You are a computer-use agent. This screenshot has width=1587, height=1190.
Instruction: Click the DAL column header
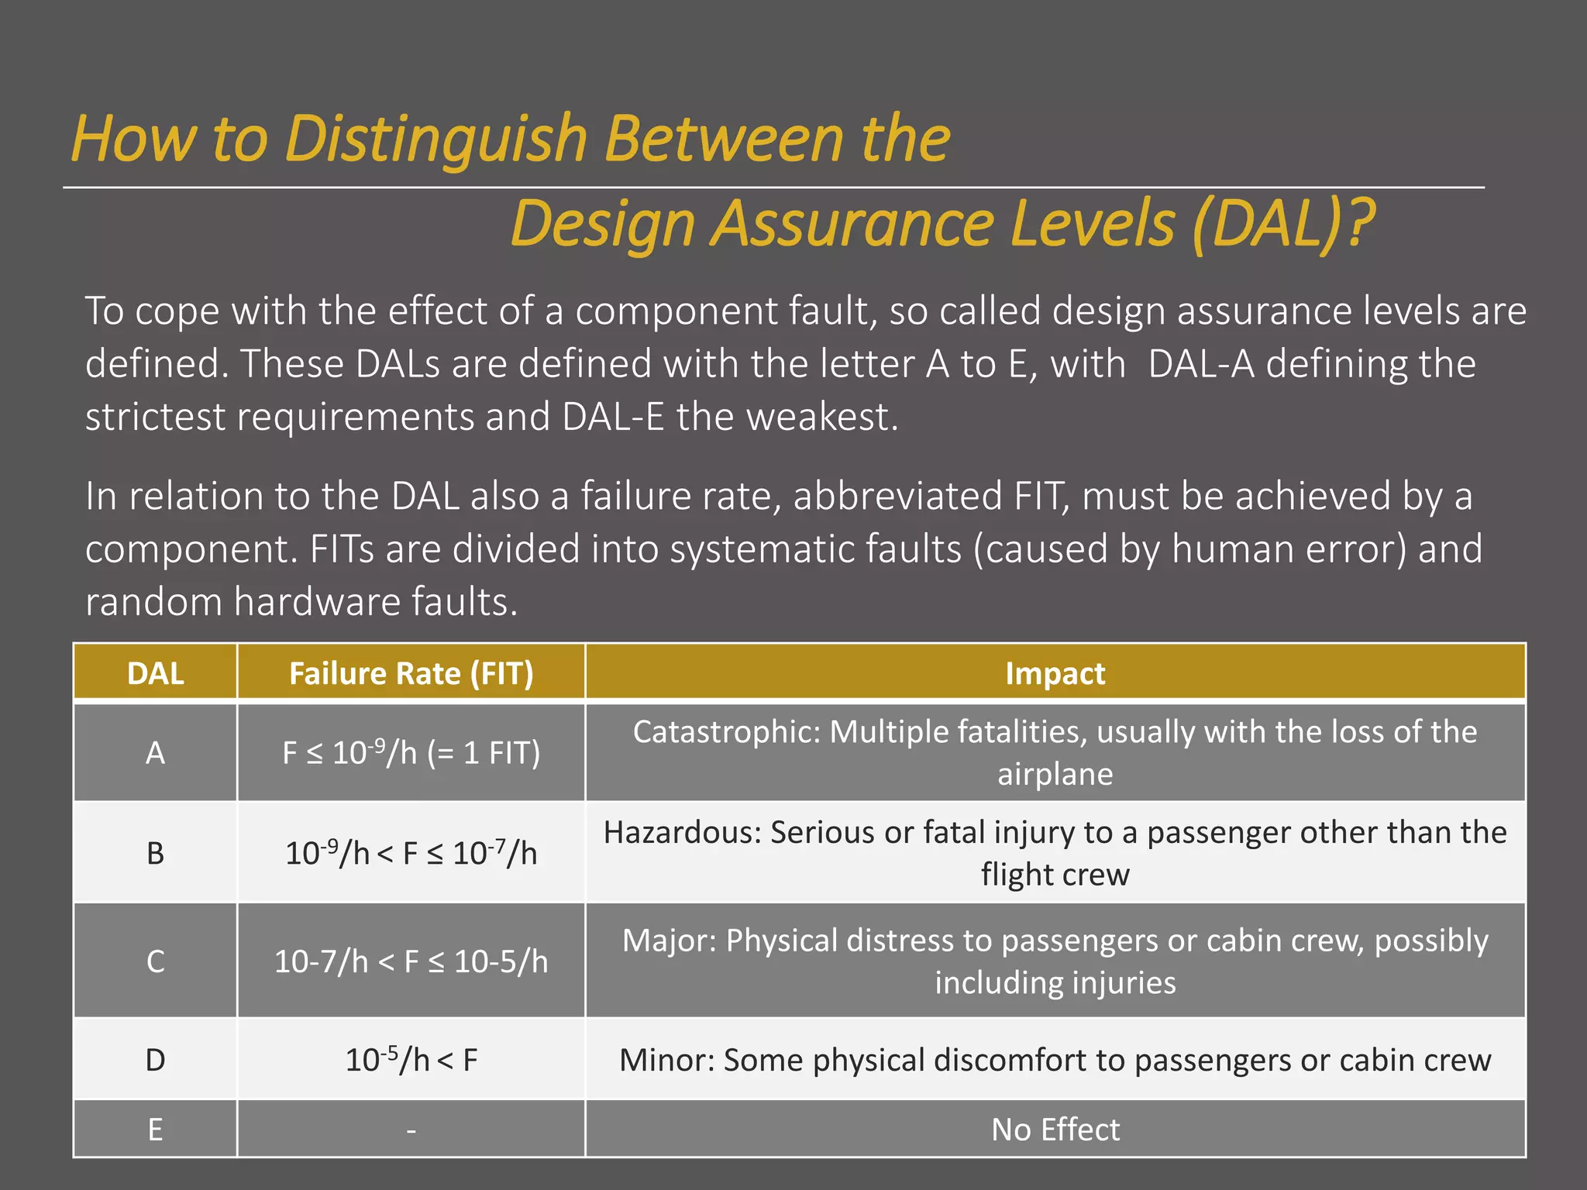155,673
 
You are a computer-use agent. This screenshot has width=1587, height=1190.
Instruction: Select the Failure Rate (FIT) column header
411,673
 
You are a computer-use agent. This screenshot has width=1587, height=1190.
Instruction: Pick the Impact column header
1055,673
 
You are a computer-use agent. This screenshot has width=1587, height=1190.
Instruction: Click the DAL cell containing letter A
155,752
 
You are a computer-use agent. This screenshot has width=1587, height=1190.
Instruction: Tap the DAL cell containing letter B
155,853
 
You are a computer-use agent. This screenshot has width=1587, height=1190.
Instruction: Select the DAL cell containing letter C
155,961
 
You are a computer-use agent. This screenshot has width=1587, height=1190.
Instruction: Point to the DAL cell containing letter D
155,1059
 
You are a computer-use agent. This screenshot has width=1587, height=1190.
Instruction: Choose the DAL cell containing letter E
155,1129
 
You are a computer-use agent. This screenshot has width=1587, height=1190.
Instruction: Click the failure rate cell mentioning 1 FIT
411,752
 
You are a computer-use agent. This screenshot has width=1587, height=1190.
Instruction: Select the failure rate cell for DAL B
411,853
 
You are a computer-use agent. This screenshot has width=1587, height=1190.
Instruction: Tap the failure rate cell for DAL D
411,1059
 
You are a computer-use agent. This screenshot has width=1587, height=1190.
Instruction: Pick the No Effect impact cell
1055,1130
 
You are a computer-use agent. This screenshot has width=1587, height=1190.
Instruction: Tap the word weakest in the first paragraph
821,417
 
